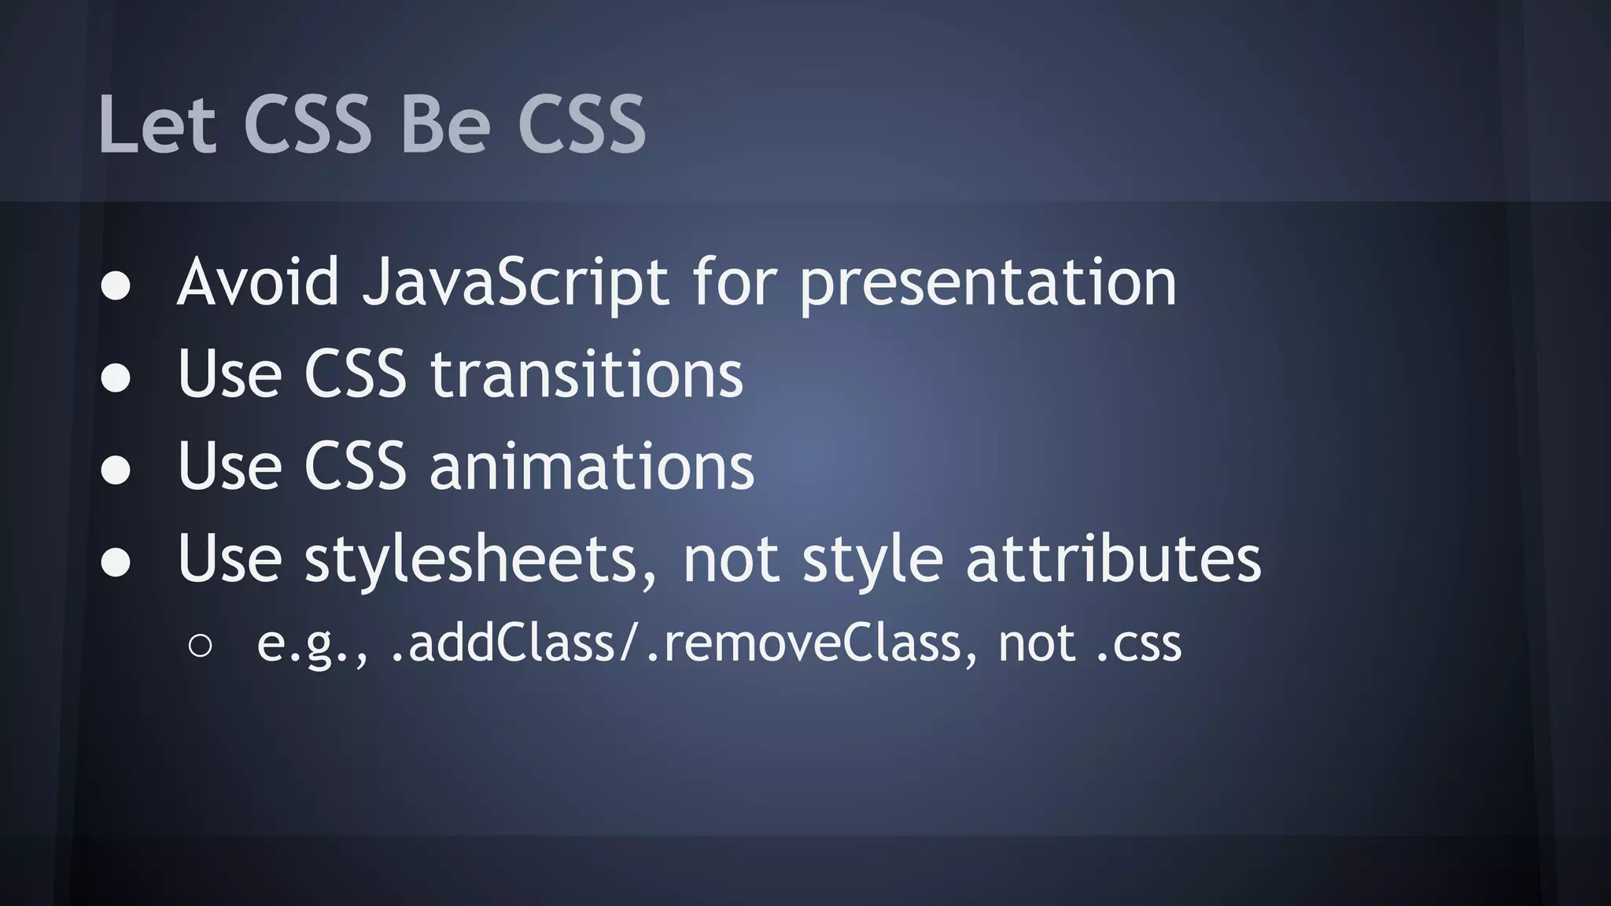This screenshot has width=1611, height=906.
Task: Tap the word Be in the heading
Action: (x=445, y=124)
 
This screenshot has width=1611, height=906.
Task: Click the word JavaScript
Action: (x=515, y=283)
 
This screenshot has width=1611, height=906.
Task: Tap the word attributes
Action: (x=1113, y=558)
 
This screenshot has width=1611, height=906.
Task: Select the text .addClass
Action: (x=503, y=643)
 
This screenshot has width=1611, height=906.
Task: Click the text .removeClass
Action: (x=803, y=643)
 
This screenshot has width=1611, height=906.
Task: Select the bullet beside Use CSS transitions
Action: (x=116, y=377)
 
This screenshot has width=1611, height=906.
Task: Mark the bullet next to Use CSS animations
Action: (x=116, y=470)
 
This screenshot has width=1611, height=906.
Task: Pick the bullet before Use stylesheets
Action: (x=116, y=562)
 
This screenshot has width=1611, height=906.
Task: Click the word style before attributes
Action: (x=872, y=560)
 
